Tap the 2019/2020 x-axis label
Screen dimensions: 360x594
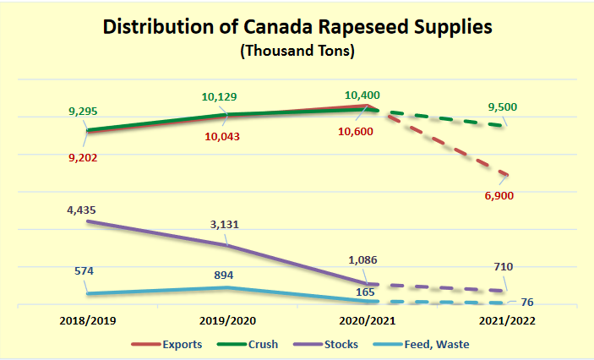(x=226, y=321)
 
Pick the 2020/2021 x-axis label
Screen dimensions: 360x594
(x=367, y=321)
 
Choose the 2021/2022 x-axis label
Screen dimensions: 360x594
(x=506, y=321)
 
